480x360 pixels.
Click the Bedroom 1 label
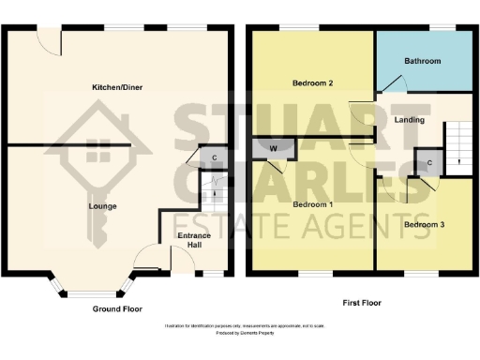point(312,204)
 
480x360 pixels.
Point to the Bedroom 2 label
point(312,82)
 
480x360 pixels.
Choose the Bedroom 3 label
point(424,225)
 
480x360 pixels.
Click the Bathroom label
point(422,61)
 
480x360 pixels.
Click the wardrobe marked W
point(273,146)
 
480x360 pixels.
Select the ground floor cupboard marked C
point(214,157)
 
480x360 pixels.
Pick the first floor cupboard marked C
point(428,163)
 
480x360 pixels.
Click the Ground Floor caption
point(117,308)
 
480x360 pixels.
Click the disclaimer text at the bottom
point(239,326)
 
